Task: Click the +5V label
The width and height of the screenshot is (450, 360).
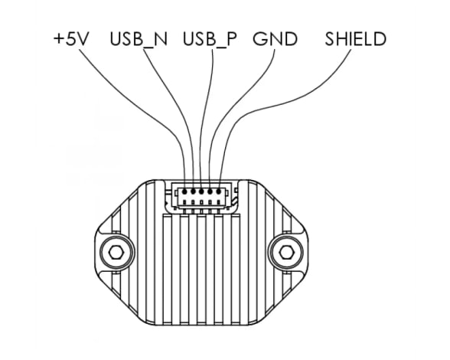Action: [70, 39]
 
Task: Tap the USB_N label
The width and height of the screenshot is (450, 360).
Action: [139, 39]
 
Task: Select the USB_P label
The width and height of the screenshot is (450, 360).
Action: [210, 39]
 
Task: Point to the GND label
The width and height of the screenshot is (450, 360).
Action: [275, 39]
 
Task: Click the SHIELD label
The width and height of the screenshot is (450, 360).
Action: [356, 39]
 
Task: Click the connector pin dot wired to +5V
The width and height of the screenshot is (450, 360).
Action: [184, 191]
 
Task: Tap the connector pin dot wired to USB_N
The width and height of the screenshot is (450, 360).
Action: [193, 191]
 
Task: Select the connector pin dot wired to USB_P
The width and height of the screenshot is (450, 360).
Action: [201, 191]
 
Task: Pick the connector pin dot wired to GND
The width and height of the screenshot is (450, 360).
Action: [210, 191]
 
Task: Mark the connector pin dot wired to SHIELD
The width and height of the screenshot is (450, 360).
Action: [219, 191]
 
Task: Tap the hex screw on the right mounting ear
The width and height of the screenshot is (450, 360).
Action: [286, 252]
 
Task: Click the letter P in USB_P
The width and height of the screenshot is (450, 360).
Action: [232, 39]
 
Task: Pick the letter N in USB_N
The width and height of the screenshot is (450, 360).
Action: [161, 39]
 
